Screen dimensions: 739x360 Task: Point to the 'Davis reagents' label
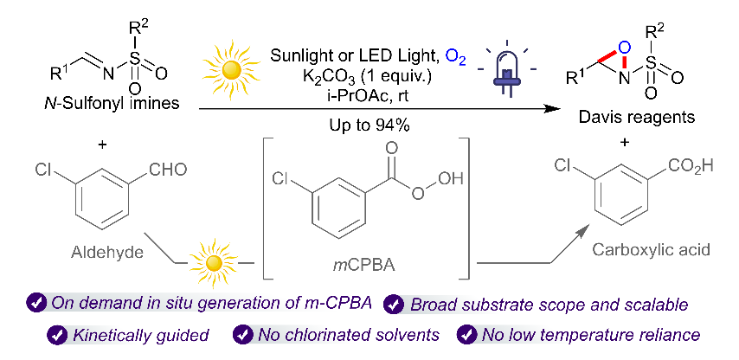pos(637,117)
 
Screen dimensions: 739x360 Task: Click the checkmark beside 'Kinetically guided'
pos(56,335)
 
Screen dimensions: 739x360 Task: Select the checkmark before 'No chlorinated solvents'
pos(243,335)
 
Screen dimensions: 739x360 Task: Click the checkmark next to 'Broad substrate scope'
pos(393,305)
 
